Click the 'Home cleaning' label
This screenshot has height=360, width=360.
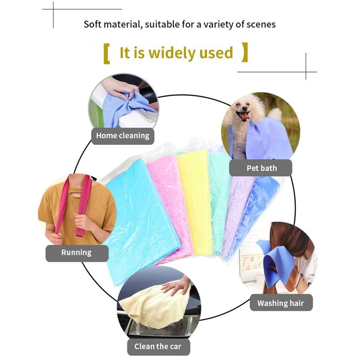pyautogui.click(x=122, y=135)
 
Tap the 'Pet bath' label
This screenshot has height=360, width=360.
pyautogui.click(x=261, y=168)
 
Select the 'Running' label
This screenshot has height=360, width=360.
pyautogui.click(x=76, y=252)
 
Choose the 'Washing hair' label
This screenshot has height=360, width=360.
pyautogui.click(x=281, y=303)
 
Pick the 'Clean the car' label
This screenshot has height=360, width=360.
pyautogui.click(x=158, y=346)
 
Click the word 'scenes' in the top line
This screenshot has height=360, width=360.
pyautogui.click(x=260, y=23)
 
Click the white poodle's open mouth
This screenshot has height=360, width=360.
pyautogui.click(x=245, y=117)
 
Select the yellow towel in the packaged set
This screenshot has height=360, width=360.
pyautogui.click(x=194, y=198)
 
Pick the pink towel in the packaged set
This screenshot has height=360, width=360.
pyautogui.click(x=164, y=189)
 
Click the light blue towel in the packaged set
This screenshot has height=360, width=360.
pyautogui.click(x=135, y=211)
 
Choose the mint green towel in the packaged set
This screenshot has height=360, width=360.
pyautogui.click(x=219, y=193)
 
